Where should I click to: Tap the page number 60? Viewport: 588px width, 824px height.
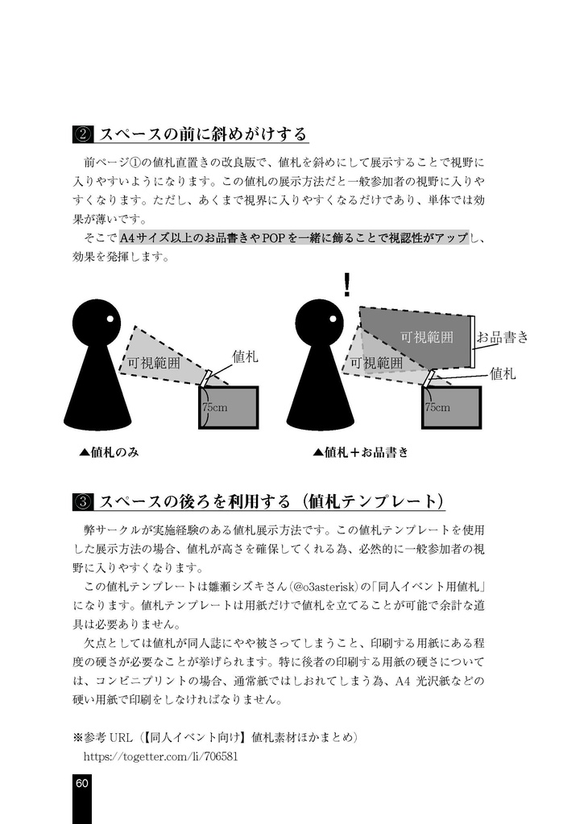point(82,784)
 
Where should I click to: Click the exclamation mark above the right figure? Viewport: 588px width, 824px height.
point(346,284)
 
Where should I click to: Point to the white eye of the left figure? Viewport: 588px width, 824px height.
point(108,322)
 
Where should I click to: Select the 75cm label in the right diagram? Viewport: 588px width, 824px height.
point(437,408)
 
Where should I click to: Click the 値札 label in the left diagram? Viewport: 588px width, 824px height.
point(245,356)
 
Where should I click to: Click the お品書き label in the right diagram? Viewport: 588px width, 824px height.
point(502,337)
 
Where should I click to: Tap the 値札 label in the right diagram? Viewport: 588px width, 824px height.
point(503,373)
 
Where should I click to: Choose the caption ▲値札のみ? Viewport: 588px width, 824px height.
point(109,452)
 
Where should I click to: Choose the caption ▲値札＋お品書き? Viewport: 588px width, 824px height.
point(360,452)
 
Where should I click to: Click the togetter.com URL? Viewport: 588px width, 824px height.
point(160,756)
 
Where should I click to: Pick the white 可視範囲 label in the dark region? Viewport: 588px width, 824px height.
point(426,337)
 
